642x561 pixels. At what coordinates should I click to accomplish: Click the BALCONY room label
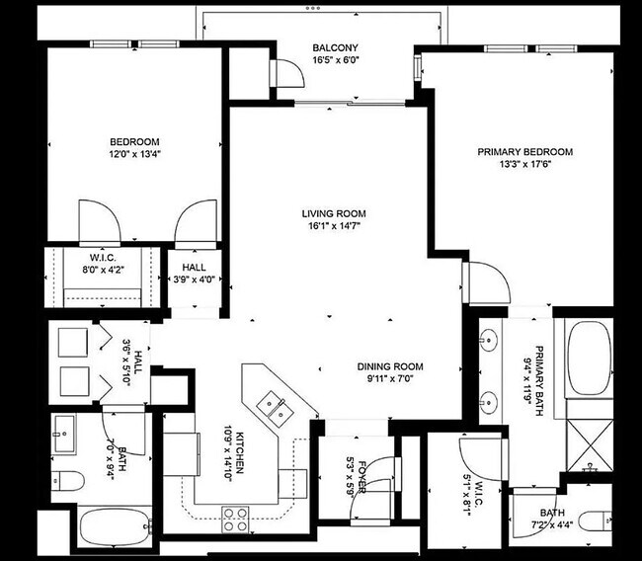tap(334, 47)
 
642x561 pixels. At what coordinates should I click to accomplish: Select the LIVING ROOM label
tap(334, 213)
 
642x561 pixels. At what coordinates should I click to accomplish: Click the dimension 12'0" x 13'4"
tap(133, 154)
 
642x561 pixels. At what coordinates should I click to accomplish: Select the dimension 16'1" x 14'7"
tap(334, 226)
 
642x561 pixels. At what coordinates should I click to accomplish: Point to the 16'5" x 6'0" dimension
tap(334, 60)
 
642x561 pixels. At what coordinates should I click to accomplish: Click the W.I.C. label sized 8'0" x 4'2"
tap(104, 258)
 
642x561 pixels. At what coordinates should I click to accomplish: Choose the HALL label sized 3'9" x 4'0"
tap(194, 268)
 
